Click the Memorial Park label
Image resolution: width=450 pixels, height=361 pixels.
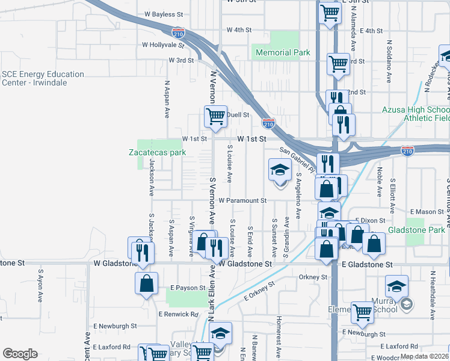tap(283, 53)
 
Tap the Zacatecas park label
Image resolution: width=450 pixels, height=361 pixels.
tap(156, 152)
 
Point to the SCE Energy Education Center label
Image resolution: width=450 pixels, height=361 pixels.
tap(43, 78)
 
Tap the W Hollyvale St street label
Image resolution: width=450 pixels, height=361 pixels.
tap(162, 45)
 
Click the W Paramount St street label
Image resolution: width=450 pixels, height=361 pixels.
tap(242, 200)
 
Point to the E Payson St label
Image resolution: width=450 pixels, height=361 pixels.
tap(188, 288)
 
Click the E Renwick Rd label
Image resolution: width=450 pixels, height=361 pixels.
tap(178, 314)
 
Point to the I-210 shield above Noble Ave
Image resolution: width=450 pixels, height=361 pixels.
tap(408, 150)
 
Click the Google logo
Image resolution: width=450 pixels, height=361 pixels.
tap(20, 354)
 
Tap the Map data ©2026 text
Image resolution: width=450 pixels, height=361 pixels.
tap(425, 356)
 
